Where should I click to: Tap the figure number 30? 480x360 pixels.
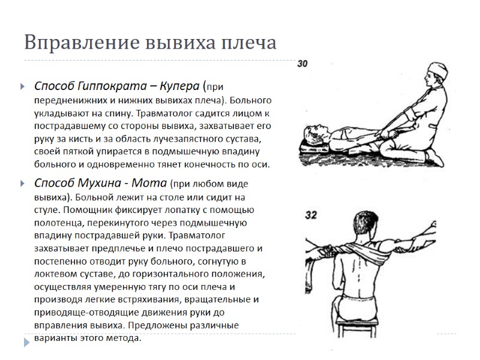(303, 64)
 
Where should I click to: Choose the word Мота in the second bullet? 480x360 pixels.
(153, 182)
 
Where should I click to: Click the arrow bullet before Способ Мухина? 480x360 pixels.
(23, 183)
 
